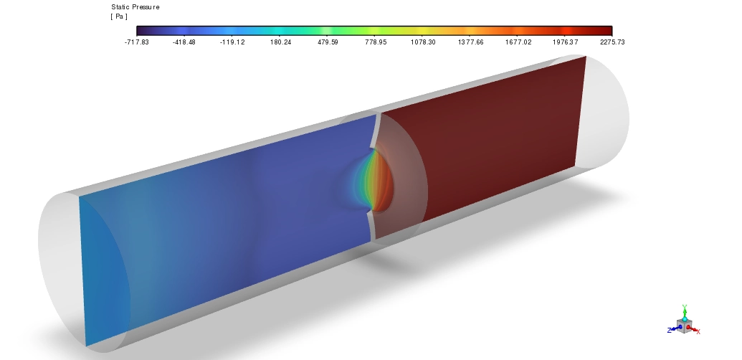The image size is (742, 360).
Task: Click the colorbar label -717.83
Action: [137, 42]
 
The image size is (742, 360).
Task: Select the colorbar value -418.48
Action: [184, 42]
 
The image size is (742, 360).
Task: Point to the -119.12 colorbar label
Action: [232, 42]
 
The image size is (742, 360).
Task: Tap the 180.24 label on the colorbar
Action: [280, 42]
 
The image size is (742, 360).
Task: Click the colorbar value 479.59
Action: [328, 42]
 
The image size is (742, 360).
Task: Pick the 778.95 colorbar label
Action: [376, 42]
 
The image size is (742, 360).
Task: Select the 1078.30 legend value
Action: [423, 42]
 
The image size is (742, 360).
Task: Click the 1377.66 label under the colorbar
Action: [471, 42]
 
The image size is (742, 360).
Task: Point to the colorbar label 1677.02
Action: [518, 42]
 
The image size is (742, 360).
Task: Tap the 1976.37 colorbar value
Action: [566, 42]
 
